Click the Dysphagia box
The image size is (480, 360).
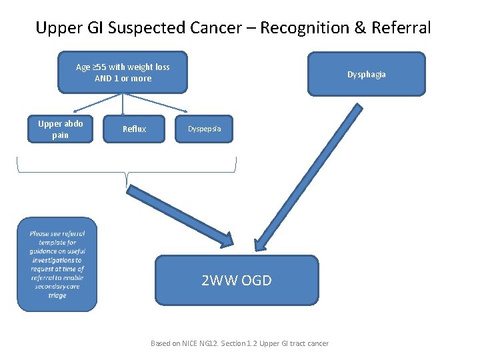[x=366, y=74]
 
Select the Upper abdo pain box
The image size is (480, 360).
[x=60, y=129]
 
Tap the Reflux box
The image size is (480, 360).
[x=134, y=129]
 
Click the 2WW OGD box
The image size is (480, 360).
[x=237, y=280]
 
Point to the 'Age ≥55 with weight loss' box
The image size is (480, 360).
[x=123, y=72]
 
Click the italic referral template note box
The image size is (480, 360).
[x=57, y=265]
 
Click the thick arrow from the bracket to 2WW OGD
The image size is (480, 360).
[x=180, y=215]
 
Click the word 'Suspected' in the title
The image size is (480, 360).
[x=150, y=28]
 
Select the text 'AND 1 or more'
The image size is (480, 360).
[x=123, y=79]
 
